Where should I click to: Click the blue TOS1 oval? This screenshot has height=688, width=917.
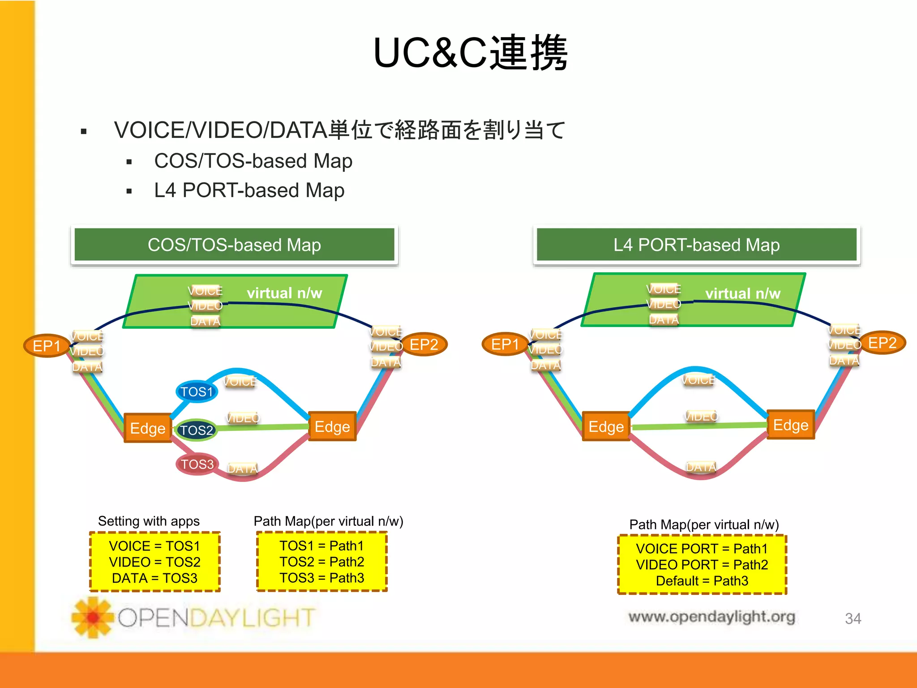coord(197,392)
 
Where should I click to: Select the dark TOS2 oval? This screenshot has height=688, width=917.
coord(196,430)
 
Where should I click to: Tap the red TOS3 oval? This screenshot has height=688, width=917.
coord(197,464)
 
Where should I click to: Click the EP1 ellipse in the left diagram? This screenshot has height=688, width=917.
coord(47,346)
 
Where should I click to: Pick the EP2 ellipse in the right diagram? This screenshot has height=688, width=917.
coord(882,343)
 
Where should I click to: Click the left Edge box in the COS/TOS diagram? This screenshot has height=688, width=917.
coord(148,428)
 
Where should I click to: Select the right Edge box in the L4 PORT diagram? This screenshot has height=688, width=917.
coord(791,425)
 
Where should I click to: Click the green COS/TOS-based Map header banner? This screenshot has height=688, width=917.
coord(234,245)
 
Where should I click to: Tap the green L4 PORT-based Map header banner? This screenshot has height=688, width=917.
coord(696,245)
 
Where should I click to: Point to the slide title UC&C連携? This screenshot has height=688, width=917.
coord(470,53)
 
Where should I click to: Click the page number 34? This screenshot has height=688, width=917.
coord(853,619)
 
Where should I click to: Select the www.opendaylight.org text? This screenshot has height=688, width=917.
coord(711,617)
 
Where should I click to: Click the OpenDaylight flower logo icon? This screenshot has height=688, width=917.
coord(93,617)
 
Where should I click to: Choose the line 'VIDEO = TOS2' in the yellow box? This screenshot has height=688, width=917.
coord(154,562)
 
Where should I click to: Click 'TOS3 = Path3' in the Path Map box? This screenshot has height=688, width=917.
coord(321,578)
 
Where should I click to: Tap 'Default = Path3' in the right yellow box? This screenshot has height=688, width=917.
coord(702,581)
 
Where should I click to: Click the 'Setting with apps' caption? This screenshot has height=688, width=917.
coord(149,521)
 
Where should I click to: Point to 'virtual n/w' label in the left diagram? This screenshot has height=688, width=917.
coord(284,293)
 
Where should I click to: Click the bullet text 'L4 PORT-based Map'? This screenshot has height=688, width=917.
coord(249,190)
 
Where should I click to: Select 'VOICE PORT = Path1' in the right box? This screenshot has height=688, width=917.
coord(702,549)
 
